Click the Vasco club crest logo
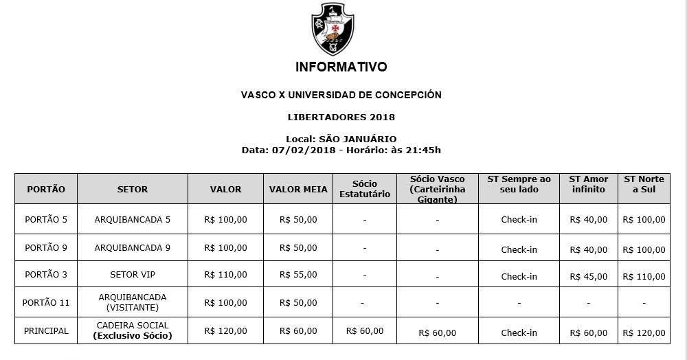(x=333, y=29)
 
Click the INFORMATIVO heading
(x=341, y=67)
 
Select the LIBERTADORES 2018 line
(x=341, y=117)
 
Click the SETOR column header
(x=133, y=189)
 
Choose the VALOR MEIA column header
(x=298, y=189)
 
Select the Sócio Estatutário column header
(x=365, y=189)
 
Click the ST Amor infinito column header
(x=589, y=184)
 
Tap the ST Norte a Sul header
(x=644, y=184)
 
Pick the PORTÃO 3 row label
(x=46, y=275)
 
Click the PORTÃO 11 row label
(x=46, y=302)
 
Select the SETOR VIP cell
(x=133, y=275)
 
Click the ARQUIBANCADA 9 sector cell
(x=133, y=247)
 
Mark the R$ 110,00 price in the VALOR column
(x=225, y=275)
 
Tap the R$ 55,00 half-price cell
(x=298, y=275)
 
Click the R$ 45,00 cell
(x=589, y=277)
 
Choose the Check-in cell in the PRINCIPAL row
(x=519, y=333)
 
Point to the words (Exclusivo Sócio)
(x=133, y=336)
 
